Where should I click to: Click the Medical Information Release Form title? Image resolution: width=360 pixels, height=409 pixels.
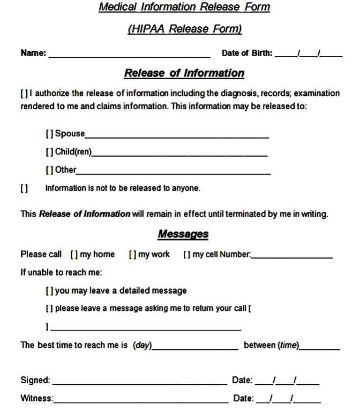click(x=184, y=8)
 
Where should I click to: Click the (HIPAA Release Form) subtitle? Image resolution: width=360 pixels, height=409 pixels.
click(x=184, y=29)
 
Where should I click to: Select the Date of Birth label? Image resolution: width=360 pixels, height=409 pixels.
click(x=247, y=53)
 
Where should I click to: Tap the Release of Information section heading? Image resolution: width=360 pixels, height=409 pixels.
click(x=184, y=73)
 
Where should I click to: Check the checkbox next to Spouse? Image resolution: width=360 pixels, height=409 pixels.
click(x=49, y=134)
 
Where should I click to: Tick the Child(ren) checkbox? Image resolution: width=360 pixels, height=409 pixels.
click(x=49, y=152)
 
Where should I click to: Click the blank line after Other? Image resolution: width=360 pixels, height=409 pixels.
click(x=173, y=173)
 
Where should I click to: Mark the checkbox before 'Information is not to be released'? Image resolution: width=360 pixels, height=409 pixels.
click(x=24, y=189)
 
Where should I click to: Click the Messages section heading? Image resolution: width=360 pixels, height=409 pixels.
click(x=183, y=234)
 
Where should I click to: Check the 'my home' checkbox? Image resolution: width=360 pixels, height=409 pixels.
click(x=74, y=255)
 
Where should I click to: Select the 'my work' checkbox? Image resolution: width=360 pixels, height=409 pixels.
click(x=132, y=255)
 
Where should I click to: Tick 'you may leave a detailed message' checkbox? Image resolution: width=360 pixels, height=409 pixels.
click(x=49, y=291)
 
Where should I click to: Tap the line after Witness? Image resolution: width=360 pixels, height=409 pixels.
click(x=141, y=401)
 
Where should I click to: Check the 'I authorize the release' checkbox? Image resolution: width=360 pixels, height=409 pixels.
click(x=24, y=93)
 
